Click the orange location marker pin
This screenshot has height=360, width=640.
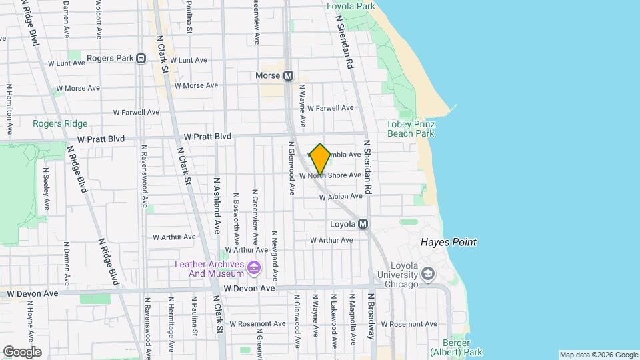click(x=320, y=159)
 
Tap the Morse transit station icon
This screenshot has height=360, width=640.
click(x=288, y=76)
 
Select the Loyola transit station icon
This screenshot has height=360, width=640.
click(x=363, y=224)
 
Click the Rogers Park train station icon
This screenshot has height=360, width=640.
click(x=141, y=59)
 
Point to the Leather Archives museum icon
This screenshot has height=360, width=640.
click(x=253, y=268)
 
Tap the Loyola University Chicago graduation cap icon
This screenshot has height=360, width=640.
click(x=428, y=273)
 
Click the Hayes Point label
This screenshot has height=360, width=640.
click(x=449, y=243)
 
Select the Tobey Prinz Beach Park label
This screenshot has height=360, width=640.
click(x=411, y=129)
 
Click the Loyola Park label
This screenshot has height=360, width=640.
click(x=351, y=7)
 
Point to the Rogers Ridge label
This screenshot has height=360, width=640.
click(x=59, y=123)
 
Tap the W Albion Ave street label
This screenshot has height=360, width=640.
click(x=341, y=197)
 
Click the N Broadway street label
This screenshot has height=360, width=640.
click(x=371, y=317)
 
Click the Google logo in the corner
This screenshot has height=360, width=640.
click(x=22, y=352)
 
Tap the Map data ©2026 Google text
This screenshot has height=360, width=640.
click(x=598, y=355)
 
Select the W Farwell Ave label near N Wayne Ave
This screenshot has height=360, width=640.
click(x=331, y=108)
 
